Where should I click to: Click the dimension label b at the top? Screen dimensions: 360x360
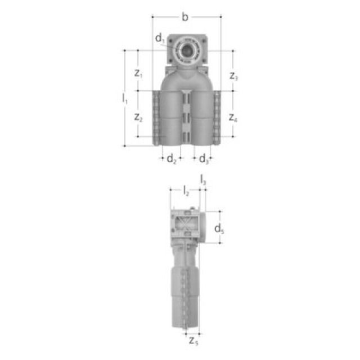(185, 17)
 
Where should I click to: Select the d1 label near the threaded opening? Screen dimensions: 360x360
(160, 38)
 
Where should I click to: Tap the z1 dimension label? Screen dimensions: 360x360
(138, 73)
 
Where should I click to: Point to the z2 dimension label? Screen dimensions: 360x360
(138, 117)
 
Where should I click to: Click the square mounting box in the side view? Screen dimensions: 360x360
(183, 227)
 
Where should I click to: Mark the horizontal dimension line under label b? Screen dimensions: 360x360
(169, 17)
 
